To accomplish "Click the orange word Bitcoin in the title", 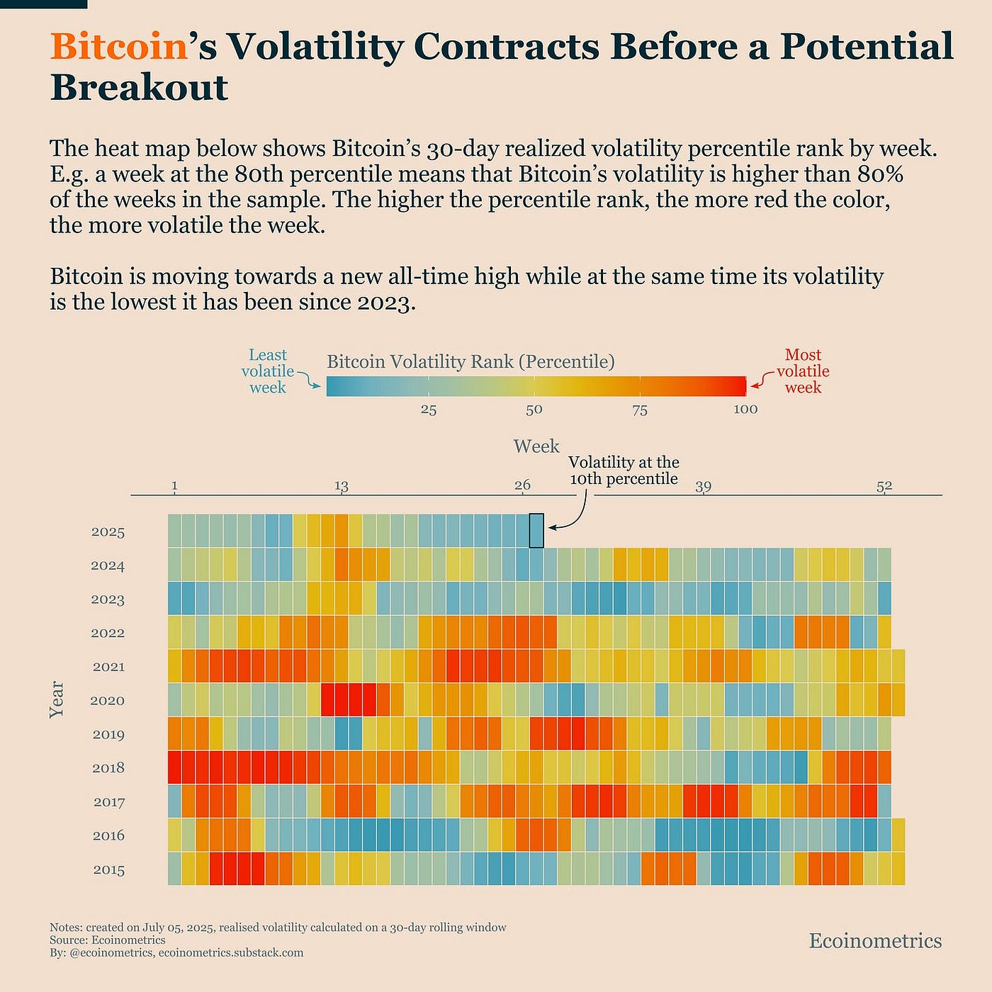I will click(118, 47).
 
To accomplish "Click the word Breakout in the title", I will click(139, 88).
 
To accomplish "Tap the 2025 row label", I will click(108, 532).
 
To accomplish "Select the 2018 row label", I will click(108, 768).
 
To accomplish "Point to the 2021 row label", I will click(108, 667).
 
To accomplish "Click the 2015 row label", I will click(108, 870).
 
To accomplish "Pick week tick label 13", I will click(342, 486).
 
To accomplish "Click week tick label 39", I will click(703, 486).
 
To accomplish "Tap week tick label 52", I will click(884, 486).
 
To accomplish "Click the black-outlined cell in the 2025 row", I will click(536, 531).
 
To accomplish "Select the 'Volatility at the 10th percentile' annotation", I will click(624, 470).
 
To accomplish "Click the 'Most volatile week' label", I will click(803, 371).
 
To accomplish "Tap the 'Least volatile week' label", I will click(267, 371).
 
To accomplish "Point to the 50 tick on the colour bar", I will click(534, 410).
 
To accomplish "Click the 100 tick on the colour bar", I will click(745, 410).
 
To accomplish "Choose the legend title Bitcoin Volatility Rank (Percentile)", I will click(470, 362).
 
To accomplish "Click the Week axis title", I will click(536, 446).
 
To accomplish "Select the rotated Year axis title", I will click(57, 700).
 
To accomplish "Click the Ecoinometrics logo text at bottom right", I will click(875, 941).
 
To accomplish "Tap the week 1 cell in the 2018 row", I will click(175, 767).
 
